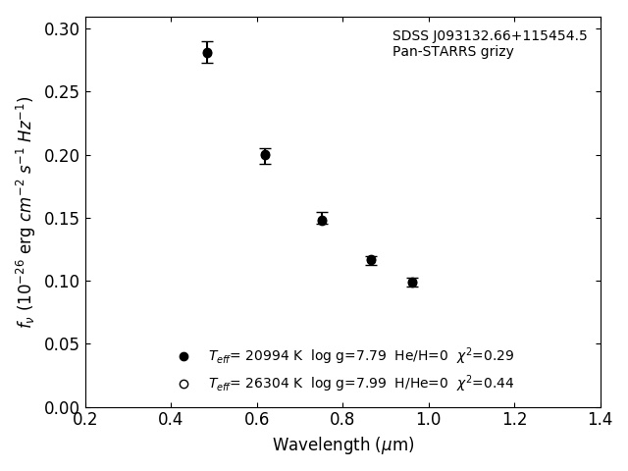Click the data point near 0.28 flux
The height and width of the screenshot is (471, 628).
click(x=207, y=53)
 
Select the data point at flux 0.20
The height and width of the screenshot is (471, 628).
click(x=265, y=155)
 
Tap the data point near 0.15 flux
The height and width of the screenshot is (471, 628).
click(x=322, y=220)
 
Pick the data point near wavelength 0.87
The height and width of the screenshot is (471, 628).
click(x=371, y=260)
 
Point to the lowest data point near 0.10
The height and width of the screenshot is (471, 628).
click(x=412, y=283)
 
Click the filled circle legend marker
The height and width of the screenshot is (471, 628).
click(x=183, y=356)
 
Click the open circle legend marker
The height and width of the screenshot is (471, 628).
click(x=183, y=384)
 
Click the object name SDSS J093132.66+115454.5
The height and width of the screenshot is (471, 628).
click(x=490, y=36)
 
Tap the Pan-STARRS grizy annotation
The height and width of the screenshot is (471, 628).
click(x=452, y=52)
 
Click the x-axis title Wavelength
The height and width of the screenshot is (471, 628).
click(x=342, y=445)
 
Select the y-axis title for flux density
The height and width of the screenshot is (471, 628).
click(x=26, y=211)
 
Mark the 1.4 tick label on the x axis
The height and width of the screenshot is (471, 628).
click(x=601, y=419)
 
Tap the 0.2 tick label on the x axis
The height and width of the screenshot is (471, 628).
click(x=85, y=419)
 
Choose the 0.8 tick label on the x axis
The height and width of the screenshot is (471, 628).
click(x=342, y=419)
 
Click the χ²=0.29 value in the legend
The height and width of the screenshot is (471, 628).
click(x=485, y=356)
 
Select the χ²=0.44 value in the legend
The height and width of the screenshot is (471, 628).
click(x=485, y=384)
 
